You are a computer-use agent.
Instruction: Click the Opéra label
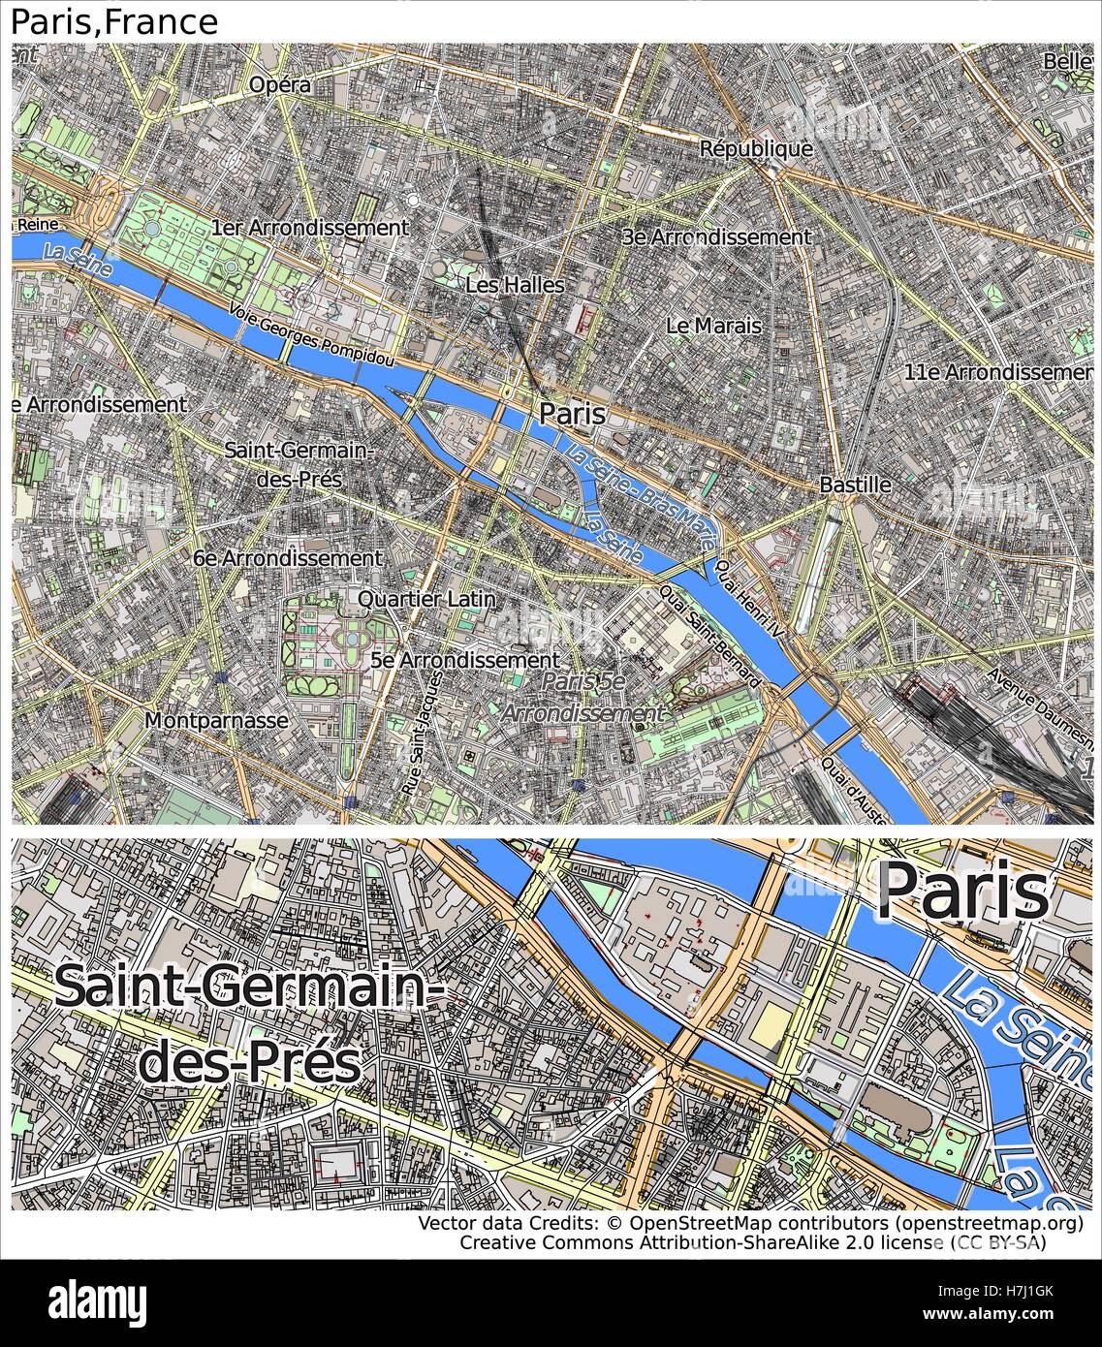280,85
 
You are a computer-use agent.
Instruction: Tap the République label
756,149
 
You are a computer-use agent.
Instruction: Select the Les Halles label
515,285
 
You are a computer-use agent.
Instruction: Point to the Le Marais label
713,326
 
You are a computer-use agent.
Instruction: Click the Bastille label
855,485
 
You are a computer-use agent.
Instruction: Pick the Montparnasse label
216,720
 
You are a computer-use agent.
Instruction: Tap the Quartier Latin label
426,599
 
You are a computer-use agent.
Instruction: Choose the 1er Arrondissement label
309,228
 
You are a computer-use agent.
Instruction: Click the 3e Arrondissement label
717,236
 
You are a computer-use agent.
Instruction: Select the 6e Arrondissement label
287,558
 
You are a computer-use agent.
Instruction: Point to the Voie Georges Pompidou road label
312,334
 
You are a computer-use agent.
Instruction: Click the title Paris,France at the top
114,21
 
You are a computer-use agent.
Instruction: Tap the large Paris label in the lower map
963,893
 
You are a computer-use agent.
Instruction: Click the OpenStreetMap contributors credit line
751,1224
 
